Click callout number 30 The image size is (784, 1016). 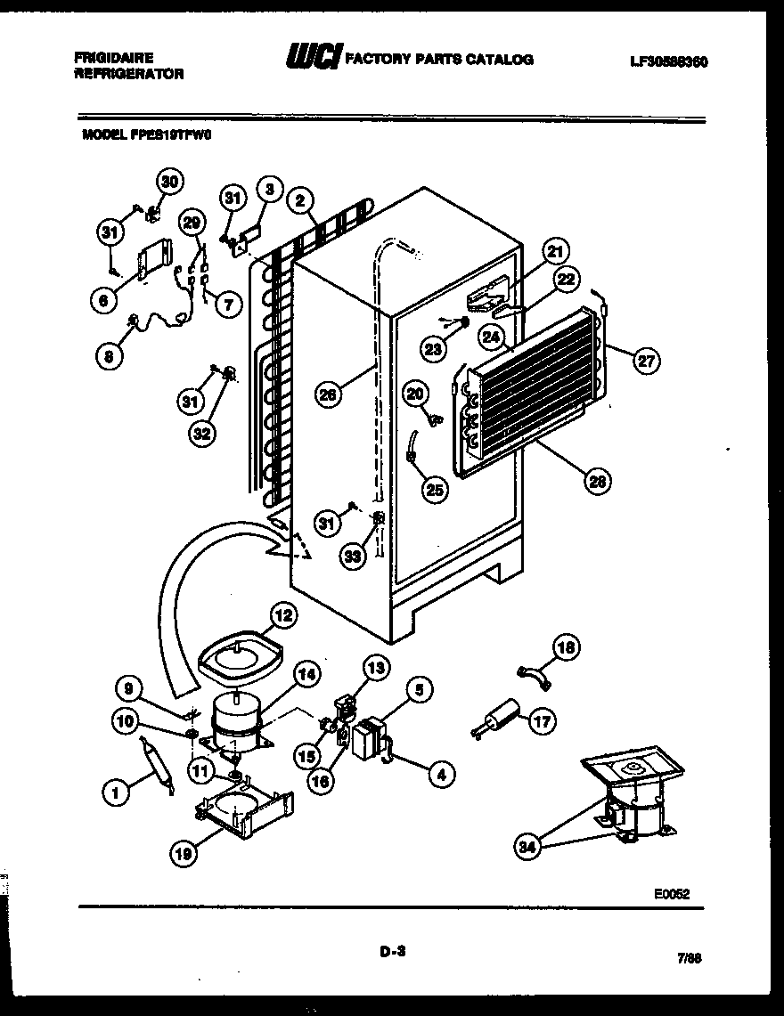pos(169,182)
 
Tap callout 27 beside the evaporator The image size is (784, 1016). pos(646,361)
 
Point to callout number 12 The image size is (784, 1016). pos(282,615)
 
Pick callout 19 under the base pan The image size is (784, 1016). pos(184,852)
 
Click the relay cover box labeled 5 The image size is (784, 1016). pos(368,738)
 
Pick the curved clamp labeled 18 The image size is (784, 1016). pos(535,678)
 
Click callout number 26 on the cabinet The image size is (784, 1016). pos(330,394)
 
